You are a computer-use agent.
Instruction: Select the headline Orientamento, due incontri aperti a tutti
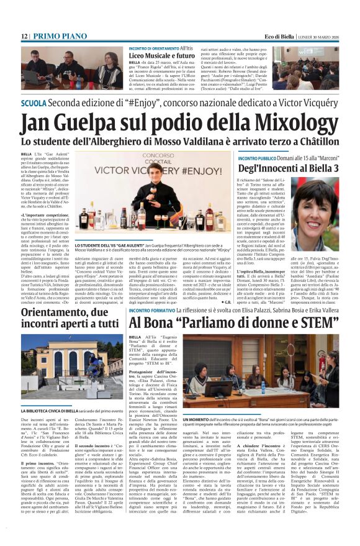coord(68,317)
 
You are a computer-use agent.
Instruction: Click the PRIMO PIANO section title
coord(61,37)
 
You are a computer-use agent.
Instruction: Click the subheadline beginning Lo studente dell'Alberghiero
coord(179,142)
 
